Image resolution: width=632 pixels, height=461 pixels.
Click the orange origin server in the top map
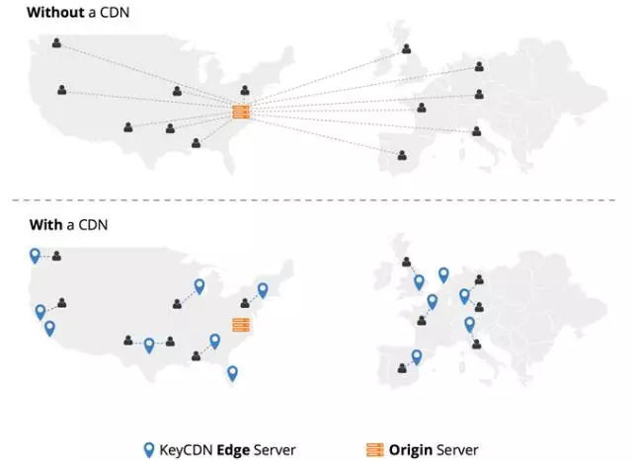[x=241, y=113]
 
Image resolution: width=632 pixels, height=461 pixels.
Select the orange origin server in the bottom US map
[x=241, y=324]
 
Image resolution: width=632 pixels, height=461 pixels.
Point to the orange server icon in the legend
[x=374, y=450]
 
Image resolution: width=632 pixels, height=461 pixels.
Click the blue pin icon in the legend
[x=149, y=449]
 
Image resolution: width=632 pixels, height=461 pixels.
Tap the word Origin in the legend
[x=410, y=450]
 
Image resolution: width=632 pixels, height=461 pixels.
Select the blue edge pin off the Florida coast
[x=232, y=372]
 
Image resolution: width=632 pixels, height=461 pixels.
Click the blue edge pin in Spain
[x=417, y=356]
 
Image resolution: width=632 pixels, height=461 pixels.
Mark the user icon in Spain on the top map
[x=401, y=155]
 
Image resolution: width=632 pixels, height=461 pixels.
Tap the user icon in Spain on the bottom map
[x=401, y=367]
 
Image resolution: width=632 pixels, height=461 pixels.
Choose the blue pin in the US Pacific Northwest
[x=36, y=255]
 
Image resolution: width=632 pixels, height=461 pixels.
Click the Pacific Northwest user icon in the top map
[x=56, y=42]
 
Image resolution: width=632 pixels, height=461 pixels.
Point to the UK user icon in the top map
[x=406, y=49]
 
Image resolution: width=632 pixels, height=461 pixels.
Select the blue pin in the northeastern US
[x=263, y=289]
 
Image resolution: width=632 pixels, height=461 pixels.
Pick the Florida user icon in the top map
[x=196, y=143]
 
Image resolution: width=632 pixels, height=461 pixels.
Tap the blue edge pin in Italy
[x=469, y=324]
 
